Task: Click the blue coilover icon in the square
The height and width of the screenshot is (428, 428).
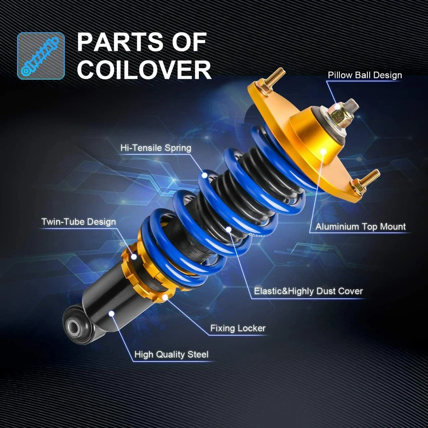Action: tap(41, 55)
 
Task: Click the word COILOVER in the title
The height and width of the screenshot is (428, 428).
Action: tap(144, 70)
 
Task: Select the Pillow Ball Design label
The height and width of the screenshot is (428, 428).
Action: tap(365, 75)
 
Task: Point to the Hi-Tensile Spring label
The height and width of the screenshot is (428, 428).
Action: tap(156, 148)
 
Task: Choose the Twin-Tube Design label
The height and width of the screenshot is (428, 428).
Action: tap(78, 222)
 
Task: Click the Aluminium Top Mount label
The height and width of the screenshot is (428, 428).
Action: tap(361, 226)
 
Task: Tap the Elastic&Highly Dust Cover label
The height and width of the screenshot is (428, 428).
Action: tap(308, 292)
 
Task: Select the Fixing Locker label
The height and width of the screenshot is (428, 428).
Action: tap(238, 329)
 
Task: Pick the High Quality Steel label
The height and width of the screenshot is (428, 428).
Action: tap(172, 355)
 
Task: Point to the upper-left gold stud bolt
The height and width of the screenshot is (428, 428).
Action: tap(271, 80)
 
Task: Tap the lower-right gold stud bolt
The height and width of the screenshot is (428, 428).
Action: tap(365, 180)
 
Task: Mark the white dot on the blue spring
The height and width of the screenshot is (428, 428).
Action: tap(205, 175)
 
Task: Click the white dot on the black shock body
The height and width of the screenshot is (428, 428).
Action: tap(111, 313)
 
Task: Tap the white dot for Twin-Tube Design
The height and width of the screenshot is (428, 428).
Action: tap(133, 256)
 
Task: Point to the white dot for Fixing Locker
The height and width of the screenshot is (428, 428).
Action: tap(165, 296)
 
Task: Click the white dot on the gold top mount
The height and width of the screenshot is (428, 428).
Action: tap(322, 151)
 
